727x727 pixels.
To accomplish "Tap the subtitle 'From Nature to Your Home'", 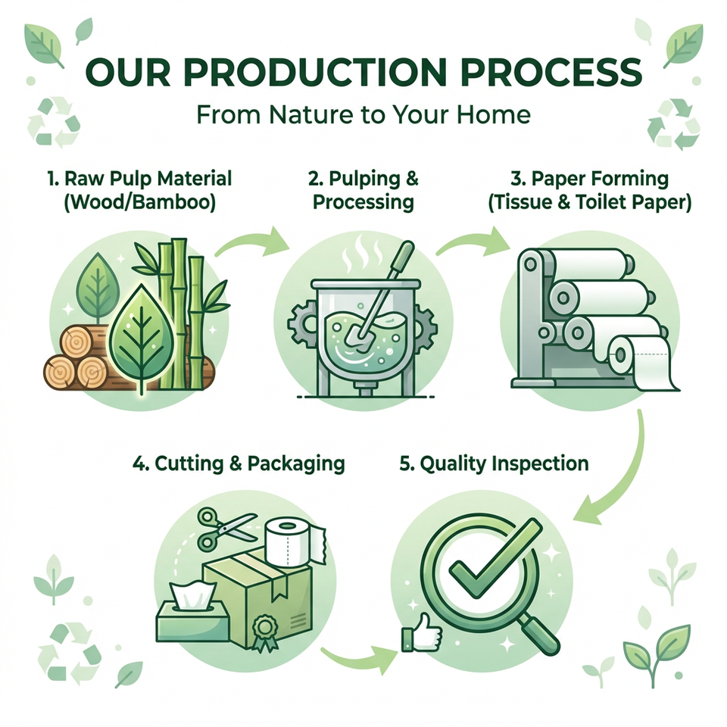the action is click(x=363, y=114).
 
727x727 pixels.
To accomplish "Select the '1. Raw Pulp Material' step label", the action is click(x=139, y=179).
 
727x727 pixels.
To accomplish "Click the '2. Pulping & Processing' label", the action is click(x=363, y=191).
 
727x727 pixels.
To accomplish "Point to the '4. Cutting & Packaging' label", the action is click(x=239, y=463).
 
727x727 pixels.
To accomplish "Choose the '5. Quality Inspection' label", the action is click(x=494, y=463).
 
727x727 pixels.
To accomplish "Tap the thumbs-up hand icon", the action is click(x=421, y=632).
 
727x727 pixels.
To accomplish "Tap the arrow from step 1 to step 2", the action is click(x=253, y=241).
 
